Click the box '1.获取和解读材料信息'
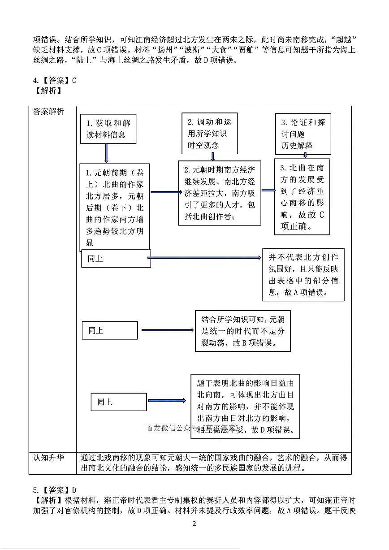(108, 129)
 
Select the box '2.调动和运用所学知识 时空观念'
(210, 133)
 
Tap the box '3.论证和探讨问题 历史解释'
(303, 134)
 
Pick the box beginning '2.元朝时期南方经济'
(220, 193)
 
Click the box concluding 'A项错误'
(303, 274)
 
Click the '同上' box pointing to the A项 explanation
(116, 259)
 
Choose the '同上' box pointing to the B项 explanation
(109, 330)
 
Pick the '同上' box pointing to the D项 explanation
(119, 402)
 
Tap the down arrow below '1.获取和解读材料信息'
(106, 153)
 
